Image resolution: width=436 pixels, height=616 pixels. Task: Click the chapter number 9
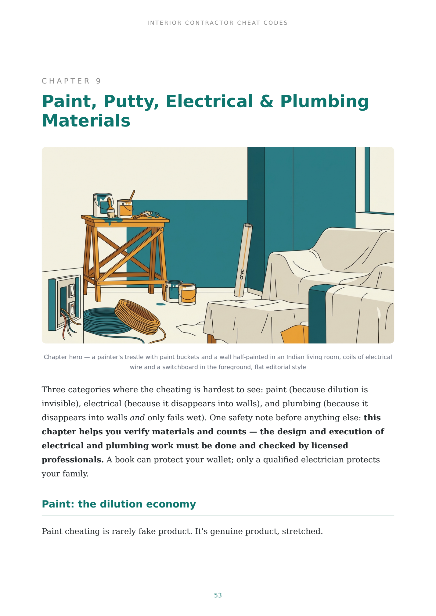pyautogui.click(x=98, y=81)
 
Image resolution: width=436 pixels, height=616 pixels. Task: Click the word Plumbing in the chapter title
pyautogui.click(x=325, y=101)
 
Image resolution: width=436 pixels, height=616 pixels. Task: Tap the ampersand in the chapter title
pyautogui.click(x=267, y=101)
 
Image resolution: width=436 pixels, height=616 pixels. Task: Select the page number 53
pyautogui.click(x=218, y=595)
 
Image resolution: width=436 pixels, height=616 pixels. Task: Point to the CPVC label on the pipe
pyautogui.click(x=242, y=274)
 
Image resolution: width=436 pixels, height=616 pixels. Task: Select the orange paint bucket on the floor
pyautogui.click(x=187, y=294)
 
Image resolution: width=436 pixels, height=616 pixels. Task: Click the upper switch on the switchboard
pyautogui.click(x=72, y=290)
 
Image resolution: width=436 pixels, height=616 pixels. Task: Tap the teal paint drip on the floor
pyautogui.click(x=161, y=304)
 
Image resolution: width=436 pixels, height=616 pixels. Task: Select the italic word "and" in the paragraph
pyautogui.click(x=137, y=418)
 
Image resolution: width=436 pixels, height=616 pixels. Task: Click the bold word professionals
pyautogui.click(x=73, y=460)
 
